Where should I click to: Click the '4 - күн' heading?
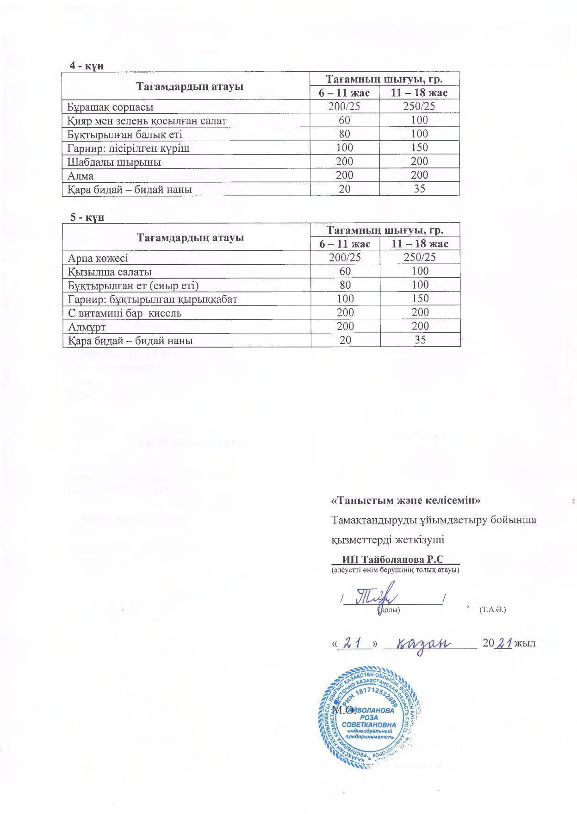click(x=86, y=66)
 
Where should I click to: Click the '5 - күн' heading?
click(x=87, y=217)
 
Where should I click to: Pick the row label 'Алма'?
click(x=81, y=176)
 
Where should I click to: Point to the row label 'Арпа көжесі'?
click(x=98, y=258)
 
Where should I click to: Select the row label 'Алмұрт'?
click(x=87, y=327)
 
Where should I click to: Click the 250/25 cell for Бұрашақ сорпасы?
click(x=419, y=106)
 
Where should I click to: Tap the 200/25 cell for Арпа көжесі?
click(x=345, y=257)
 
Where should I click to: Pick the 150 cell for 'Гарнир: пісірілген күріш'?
click(x=419, y=148)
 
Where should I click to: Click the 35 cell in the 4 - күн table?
click(x=419, y=189)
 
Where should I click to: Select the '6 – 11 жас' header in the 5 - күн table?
click(x=345, y=244)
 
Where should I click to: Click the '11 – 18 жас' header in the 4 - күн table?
click(x=419, y=93)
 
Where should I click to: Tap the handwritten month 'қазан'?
click(x=424, y=644)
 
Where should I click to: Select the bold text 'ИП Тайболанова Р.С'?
click(x=393, y=559)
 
